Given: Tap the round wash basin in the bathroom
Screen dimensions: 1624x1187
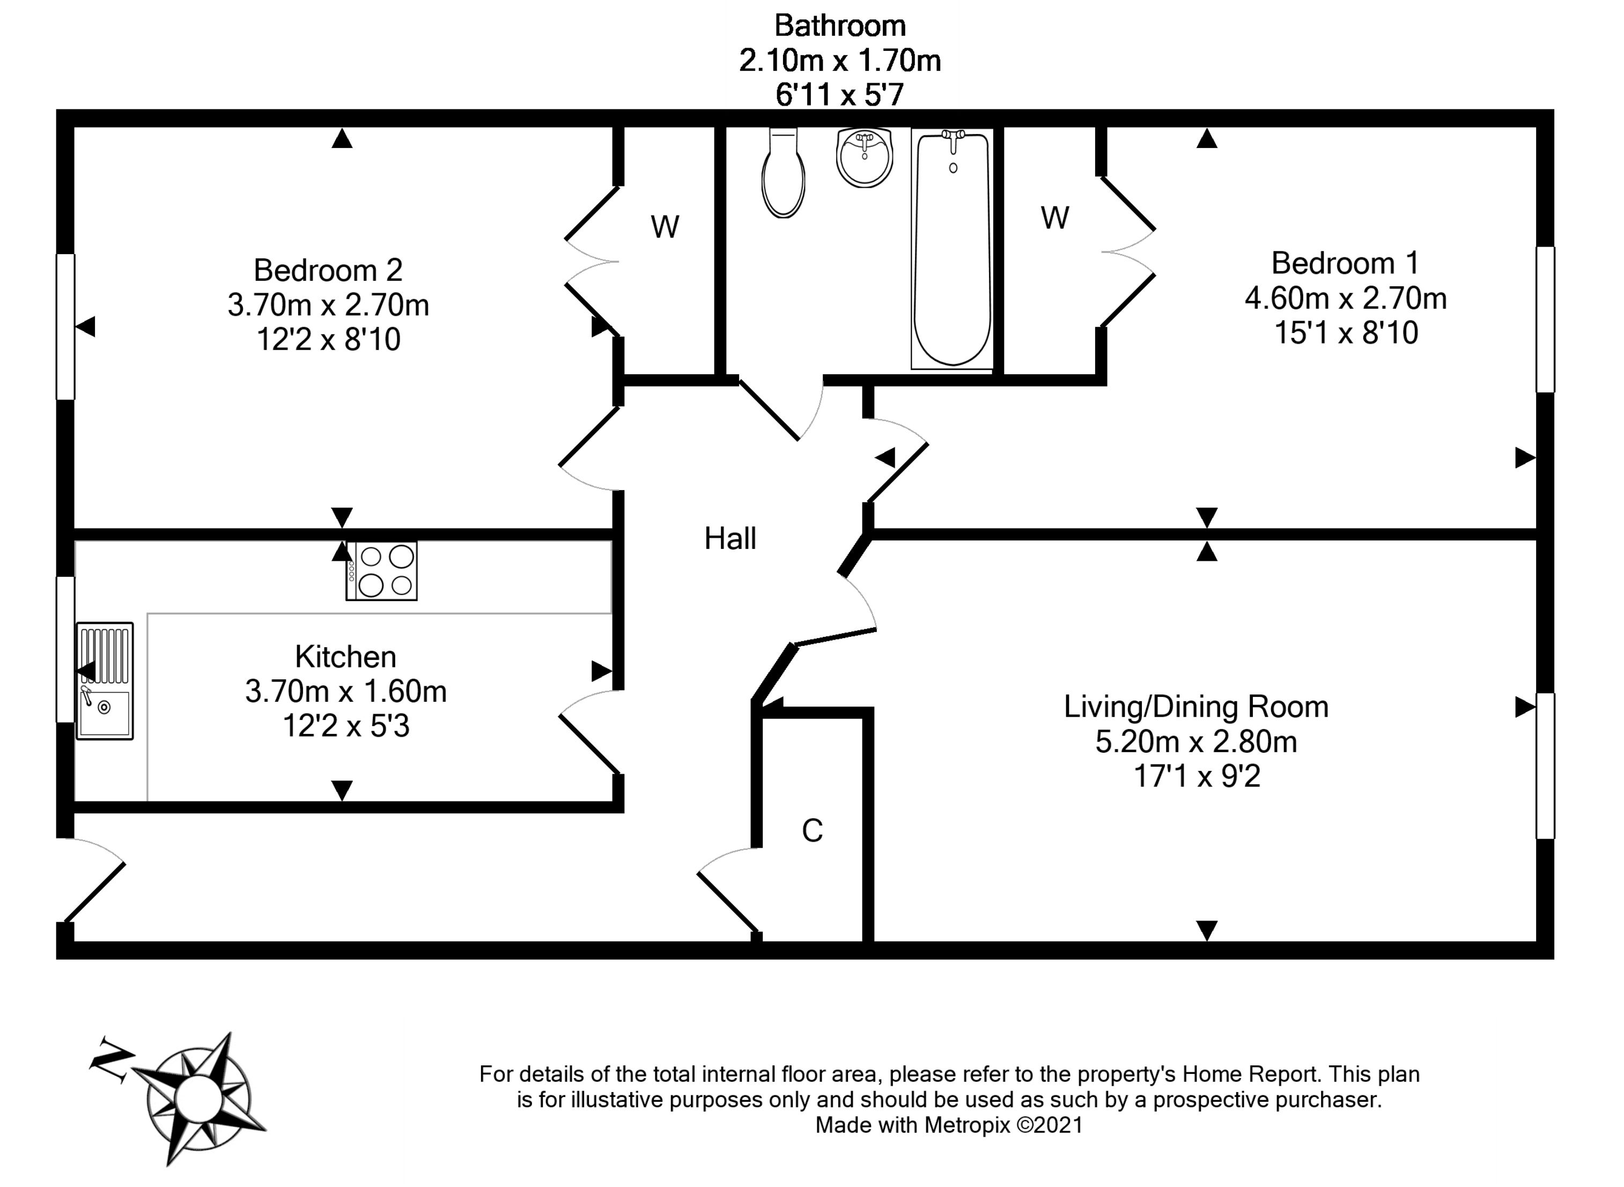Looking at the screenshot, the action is click(x=865, y=158).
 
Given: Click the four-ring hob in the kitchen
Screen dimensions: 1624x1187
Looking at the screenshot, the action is click(x=381, y=570).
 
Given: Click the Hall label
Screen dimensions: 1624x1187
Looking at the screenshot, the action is click(x=730, y=539).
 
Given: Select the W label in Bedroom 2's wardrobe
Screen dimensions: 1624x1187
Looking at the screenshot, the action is click(x=665, y=227).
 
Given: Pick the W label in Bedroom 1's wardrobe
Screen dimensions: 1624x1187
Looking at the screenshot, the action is click(x=1055, y=218).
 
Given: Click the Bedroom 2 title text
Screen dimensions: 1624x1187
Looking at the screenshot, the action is click(x=328, y=271).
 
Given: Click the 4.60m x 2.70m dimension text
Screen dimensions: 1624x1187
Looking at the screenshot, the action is click(x=1345, y=298).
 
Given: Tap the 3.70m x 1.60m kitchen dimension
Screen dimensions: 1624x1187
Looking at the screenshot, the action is click(x=345, y=691).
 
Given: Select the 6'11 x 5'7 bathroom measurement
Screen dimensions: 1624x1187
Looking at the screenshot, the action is click(x=839, y=95).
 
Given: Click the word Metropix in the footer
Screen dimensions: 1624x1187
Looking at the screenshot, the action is click(x=966, y=1124).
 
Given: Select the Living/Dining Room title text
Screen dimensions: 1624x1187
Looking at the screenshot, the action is click(x=1195, y=707).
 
